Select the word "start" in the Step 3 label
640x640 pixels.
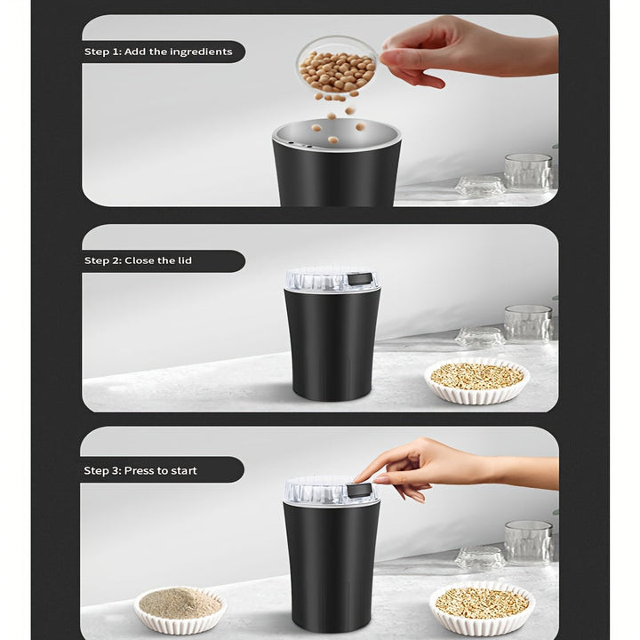pos(181,470)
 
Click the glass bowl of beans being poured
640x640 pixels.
pos(336,68)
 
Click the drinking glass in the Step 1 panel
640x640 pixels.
pos(528,171)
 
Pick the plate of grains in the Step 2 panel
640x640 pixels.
pos(476,380)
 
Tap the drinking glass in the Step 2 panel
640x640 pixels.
pos(528,323)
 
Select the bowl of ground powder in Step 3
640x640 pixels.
pos(180,607)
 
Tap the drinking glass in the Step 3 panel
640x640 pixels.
pos(528,540)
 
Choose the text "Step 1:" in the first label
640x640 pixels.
pos(102,52)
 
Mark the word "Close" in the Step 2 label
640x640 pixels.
pos(140,260)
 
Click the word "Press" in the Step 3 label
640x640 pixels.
pos(140,470)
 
